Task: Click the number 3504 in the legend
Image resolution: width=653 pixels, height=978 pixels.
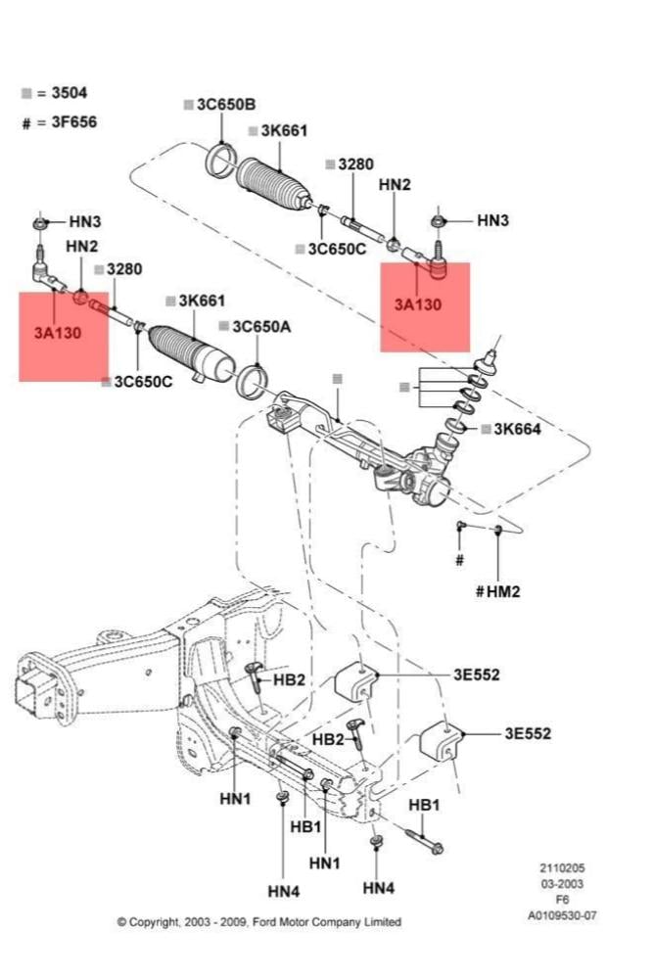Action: (x=69, y=93)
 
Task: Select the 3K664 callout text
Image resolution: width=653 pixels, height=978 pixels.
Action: (x=518, y=428)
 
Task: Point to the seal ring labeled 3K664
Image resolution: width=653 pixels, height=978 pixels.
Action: (x=455, y=425)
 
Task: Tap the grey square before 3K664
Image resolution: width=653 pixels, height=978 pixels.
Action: (x=486, y=428)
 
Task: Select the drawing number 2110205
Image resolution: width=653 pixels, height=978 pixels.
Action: (x=562, y=868)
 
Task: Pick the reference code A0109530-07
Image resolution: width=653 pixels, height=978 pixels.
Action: (x=562, y=916)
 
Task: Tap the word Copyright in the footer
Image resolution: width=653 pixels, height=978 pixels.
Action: (x=156, y=922)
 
